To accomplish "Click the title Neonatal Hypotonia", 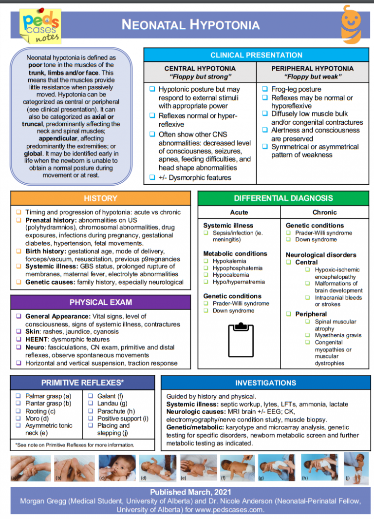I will pos(190,24).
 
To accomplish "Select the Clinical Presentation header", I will pos(256,55).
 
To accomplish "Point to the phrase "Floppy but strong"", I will pos(200,77).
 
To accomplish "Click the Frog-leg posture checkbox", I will pos(265,89).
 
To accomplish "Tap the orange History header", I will pos(100,198).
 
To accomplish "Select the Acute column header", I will pos(239,212).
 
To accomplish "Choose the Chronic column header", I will pos(324,212).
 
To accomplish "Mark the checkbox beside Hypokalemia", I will pos(206,261).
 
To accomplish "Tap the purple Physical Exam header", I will pos(100,302).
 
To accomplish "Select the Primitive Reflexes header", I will pos(82,383).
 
